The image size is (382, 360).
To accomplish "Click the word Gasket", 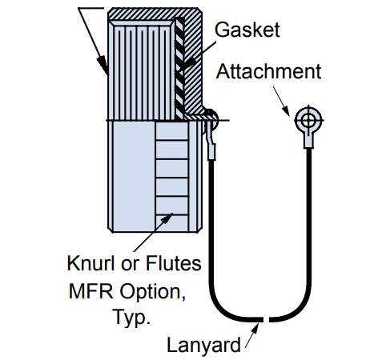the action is pyautogui.click(x=247, y=30).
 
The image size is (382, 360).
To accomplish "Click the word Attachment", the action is pyautogui.click(x=268, y=71).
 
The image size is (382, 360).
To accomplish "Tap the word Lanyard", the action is pyautogui.click(x=203, y=345).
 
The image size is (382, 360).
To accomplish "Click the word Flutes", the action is pyautogui.click(x=173, y=263).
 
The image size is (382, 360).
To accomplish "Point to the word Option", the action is pyautogui.click(x=152, y=292).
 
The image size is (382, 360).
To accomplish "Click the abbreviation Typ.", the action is pyautogui.click(x=131, y=318).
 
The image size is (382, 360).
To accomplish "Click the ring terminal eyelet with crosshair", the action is pyautogui.click(x=309, y=120).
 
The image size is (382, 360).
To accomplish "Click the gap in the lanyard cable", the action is pyautogui.click(x=266, y=319).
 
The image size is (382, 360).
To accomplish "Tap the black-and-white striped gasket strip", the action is pyautogui.click(x=179, y=66).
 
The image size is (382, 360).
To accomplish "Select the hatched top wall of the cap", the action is pyautogui.click(x=155, y=14).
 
